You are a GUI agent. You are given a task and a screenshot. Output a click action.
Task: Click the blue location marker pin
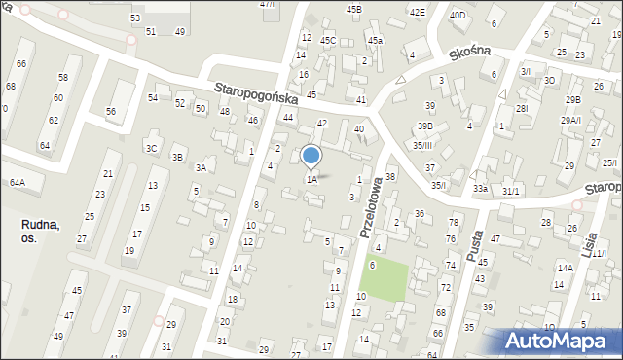click(x=311, y=156)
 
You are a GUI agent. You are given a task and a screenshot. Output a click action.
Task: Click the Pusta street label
click(x=475, y=237)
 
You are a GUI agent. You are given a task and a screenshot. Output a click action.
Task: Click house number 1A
click(x=311, y=179)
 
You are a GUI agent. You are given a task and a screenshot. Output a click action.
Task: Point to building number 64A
click(x=18, y=182)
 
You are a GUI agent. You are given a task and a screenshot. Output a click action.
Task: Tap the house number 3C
click(x=151, y=148)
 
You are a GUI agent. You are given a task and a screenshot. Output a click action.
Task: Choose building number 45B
click(x=354, y=9)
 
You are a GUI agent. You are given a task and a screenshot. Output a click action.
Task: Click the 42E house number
click(x=417, y=12)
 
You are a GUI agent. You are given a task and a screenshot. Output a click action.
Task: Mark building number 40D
click(x=458, y=16)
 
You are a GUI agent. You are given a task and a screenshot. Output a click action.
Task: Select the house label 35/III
click(x=422, y=145)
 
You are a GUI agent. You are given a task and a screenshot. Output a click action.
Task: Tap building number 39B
click(x=425, y=126)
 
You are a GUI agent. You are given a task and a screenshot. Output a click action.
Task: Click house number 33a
click(x=480, y=188)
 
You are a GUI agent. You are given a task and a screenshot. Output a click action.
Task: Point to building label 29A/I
click(x=570, y=120)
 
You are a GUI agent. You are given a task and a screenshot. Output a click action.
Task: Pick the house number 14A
click(x=565, y=268)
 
